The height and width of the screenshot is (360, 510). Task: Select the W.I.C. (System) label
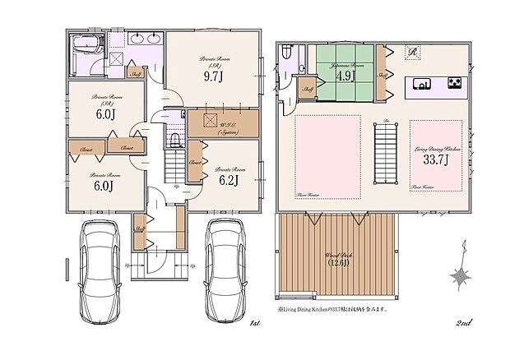coord(223,125)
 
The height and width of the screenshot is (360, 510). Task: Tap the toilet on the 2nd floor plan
coord(285,55)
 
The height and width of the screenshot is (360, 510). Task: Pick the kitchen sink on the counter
coord(422,84)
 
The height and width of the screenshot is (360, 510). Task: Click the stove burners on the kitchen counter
coord(455,84)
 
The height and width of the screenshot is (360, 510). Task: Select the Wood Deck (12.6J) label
coord(339,260)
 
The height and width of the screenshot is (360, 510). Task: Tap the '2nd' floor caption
coord(463,325)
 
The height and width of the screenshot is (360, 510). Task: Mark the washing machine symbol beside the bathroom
coord(117,59)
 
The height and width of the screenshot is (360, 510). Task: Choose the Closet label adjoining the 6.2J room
coord(195,163)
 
